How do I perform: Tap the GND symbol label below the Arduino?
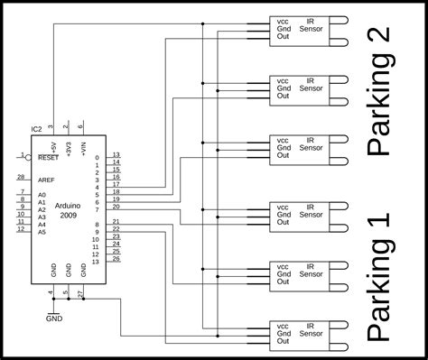pyautogui.click(x=54, y=318)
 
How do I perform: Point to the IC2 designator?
pyautogui.click(x=35, y=129)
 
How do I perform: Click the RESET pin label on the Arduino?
pyautogui.click(x=49, y=157)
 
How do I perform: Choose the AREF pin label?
pyautogui.click(x=45, y=178)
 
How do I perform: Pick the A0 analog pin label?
pyautogui.click(x=42, y=195)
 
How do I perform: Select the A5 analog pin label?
pyautogui.click(x=42, y=232)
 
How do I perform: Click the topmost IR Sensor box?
pyautogui.click(x=299, y=29)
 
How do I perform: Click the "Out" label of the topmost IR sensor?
pyautogui.click(x=283, y=36)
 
